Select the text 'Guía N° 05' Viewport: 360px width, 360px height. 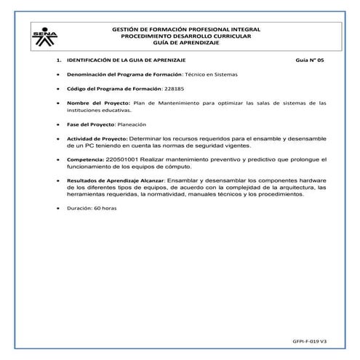tap(311, 61)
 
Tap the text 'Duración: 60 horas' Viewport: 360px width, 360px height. tap(92, 209)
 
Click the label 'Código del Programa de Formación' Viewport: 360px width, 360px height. tap(109, 89)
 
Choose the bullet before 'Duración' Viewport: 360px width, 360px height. tap(57, 209)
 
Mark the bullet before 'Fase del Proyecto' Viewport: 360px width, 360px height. tap(57, 124)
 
